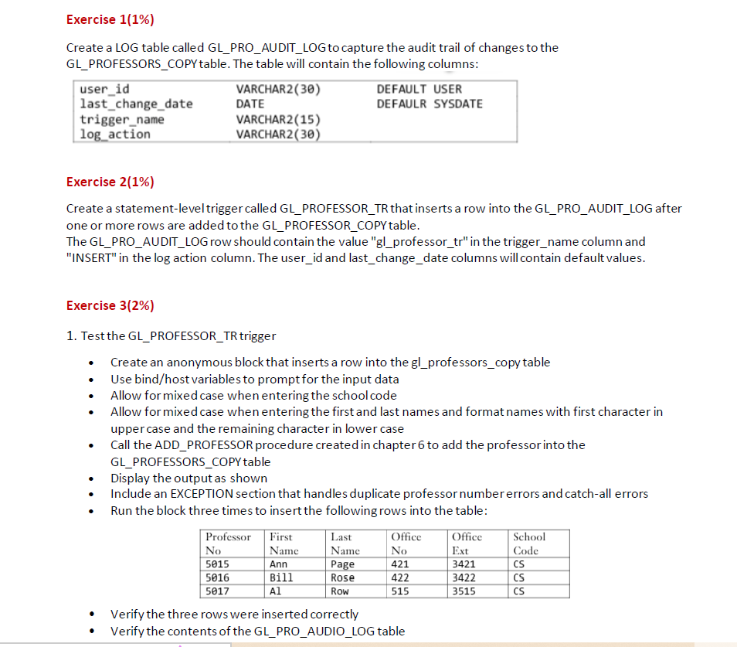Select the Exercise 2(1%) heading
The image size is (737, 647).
coord(110,182)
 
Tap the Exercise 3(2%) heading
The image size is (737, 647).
coord(110,305)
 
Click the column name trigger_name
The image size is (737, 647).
coord(122,119)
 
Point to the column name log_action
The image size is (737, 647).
coord(115,134)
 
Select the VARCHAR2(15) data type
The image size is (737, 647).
coord(278,119)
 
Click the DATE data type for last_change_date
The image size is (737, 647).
coord(250,104)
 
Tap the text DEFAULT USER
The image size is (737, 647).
coord(419,89)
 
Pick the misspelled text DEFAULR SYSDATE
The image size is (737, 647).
coord(429,104)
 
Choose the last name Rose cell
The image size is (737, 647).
coord(342,577)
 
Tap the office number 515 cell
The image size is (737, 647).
coord(400,591)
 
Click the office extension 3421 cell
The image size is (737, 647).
coord(464,564)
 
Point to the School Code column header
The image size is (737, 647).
coord(529,543)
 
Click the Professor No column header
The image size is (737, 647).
coord(228,543)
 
